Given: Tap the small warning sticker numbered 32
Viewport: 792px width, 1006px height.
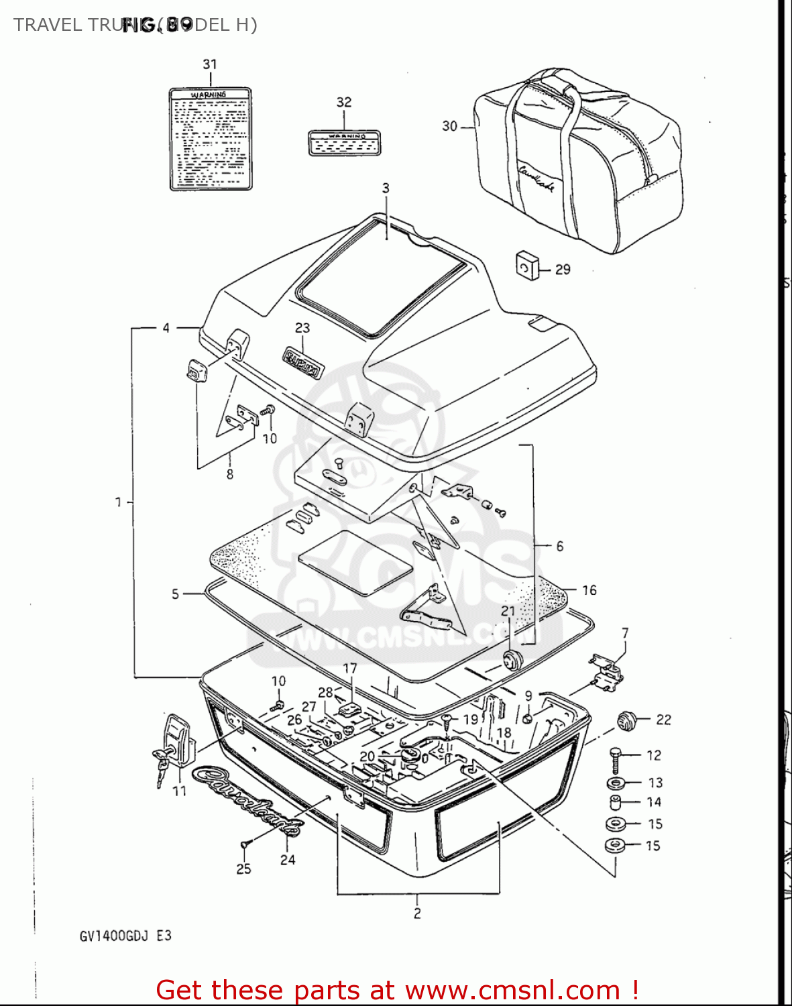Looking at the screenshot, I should point(344,142).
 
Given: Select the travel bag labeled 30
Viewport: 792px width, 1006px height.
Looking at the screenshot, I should point(577,161).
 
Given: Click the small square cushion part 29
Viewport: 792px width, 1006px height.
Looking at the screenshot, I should point(527,266).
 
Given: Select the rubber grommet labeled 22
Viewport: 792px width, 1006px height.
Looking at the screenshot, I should point(626,721).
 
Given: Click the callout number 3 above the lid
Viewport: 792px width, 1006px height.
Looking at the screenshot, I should point(386,188).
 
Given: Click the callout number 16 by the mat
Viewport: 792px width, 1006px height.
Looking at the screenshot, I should point(589,590).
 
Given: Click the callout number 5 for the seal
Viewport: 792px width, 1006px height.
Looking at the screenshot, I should point(175,594).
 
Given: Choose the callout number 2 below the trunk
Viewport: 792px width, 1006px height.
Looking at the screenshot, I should point(417,913).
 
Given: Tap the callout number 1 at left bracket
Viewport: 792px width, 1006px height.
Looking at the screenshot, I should point(119,502).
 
